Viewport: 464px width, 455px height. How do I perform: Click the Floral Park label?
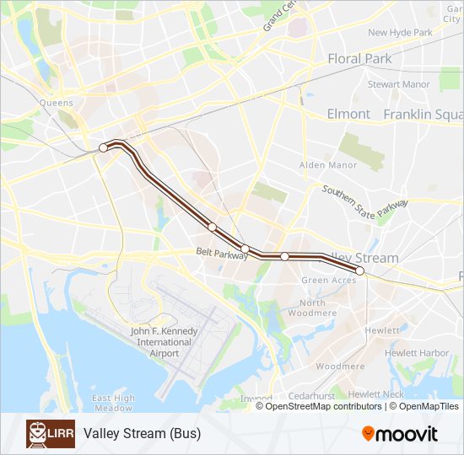(359, 59)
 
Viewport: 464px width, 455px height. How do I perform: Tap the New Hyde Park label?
(400, 33)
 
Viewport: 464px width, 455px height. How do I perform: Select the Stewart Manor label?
(398, 84)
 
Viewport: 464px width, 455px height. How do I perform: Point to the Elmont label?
(348, 114)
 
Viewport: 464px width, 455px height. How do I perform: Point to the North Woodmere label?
(312, 308)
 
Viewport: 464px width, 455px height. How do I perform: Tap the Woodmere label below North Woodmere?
(341, 367)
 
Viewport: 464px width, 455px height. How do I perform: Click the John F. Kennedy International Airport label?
(165, 342)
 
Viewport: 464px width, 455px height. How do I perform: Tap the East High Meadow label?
(113, 403)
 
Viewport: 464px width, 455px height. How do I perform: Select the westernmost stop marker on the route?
(104, 147)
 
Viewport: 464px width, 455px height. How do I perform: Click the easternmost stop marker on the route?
(360, 270)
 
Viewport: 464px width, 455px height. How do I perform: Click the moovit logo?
(400, 434)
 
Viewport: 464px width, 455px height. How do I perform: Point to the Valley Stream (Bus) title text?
(142, 434)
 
